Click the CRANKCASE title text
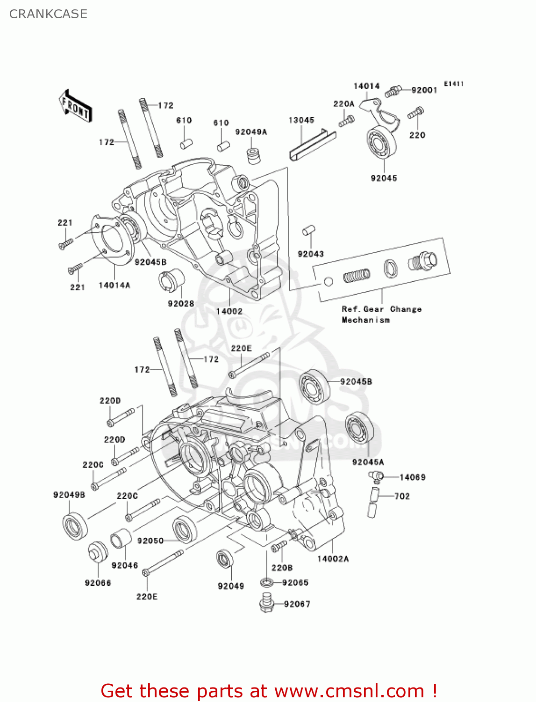[48, 14]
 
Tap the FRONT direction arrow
[75, 107]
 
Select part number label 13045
[301, 120]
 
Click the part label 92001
[424, 90]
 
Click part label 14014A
[114, 285]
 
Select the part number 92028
[181, 304]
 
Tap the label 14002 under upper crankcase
[229, 311]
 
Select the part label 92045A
[368, 462]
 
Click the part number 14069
[413, 477]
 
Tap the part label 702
[402, 497]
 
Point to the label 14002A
[333, 559]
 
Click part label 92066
[98, 583]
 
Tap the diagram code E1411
[453, 84]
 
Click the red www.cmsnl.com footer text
[269, 691]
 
